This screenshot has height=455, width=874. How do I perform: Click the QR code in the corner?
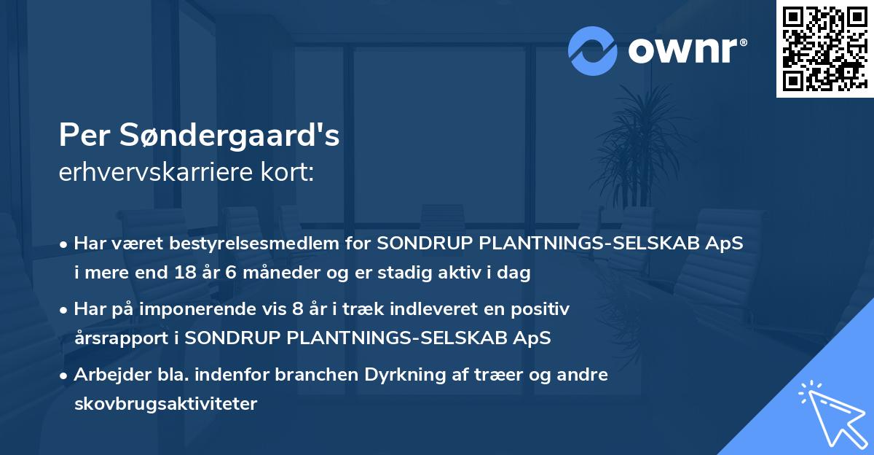pos(824,49)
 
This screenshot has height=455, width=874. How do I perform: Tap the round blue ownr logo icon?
pos(593,51)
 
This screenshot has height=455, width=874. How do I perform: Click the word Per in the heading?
pos(83,136)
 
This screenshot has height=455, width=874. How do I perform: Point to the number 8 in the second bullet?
pos(296,309)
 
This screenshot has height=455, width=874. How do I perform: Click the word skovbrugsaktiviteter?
pos(165,404)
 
